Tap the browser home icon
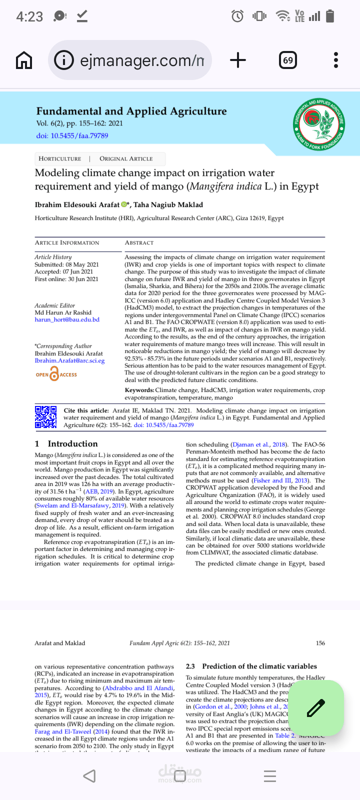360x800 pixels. pyautogui.click(x=24, y=60)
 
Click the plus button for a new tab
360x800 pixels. pyautogui.click(x=238, y=60)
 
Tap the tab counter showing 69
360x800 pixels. pyautogui.click(x=288, y=60)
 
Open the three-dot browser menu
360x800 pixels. pyautogui.click(x=336, y=60)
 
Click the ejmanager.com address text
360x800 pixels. pyautogui.click(x=141, y=60)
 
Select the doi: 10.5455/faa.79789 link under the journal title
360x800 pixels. pyautogui.click(x=72, y=135)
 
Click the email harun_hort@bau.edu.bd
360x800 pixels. pyautogui.click(x=67, y=319)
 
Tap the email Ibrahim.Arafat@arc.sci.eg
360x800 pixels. pyautogui.click(x=69, y=360)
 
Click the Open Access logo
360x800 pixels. pyautogui.click(x=56, y=374)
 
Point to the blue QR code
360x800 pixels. pyautogui.click(x=45, y=417)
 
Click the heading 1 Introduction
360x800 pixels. pyautogui.click(x=66, y=443)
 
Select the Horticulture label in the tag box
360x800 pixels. pyautogui.click(x=59, y=158)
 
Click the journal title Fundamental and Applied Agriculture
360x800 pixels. pyautogui.click(x=131, y=111)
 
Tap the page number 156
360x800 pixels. pyautogui.click(x=320, y=643)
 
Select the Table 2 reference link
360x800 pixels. pyautogui.click(x=284, y=735)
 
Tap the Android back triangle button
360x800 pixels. pyautogui.click(x=89, y=775)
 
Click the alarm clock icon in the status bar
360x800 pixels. pyautogui.click(x=237, y=16)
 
